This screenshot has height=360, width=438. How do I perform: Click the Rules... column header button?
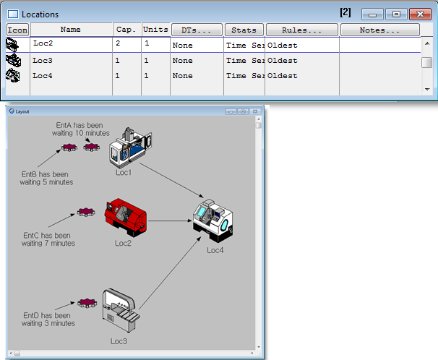click(x=302, y=30)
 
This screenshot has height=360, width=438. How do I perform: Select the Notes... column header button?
click(x=379, y=30)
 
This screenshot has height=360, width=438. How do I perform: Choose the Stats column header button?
click(x=244, y=30)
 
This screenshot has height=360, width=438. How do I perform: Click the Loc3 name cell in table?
click(x=70, y=61)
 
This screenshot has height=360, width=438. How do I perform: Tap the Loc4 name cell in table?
click(x=70, y=76)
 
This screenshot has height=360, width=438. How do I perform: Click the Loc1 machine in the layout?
click(x=129, y=149)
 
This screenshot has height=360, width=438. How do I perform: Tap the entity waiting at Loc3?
click(x=87, y=302)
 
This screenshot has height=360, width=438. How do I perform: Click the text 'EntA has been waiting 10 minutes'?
click(x=82, y=129)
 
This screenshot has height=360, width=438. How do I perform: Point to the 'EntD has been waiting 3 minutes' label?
click(x=48, y=320)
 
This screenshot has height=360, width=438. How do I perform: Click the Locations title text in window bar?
click(x=40, y=14)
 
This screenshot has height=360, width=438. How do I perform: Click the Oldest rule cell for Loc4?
click(x=283, y=76)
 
